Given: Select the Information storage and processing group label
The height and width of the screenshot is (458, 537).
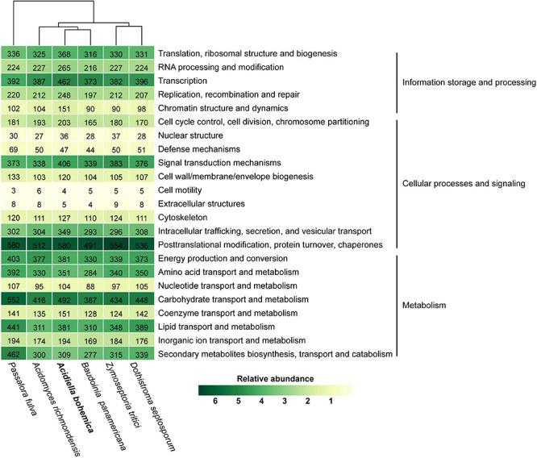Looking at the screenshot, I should click(469, 81).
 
